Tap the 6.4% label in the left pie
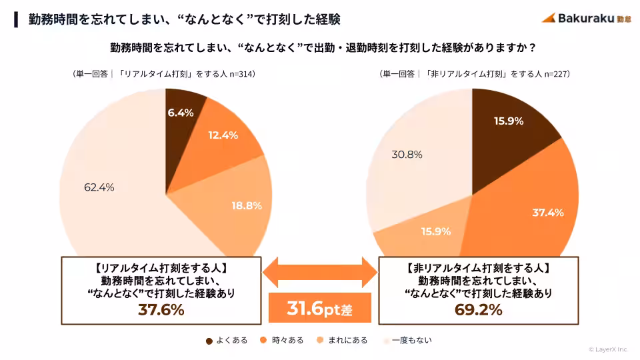click(181, 113)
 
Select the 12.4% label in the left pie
click(223, 135)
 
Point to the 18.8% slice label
click(246, 206)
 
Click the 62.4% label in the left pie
click(99, 187)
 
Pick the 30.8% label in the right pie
click(407, 155)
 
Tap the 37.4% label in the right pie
click(548, 213)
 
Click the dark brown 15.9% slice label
click(508, 121)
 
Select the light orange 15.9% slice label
click(436, 231)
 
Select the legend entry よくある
click(227, 340)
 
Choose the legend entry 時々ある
click(283, 340)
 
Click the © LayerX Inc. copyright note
click(608, 349)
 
